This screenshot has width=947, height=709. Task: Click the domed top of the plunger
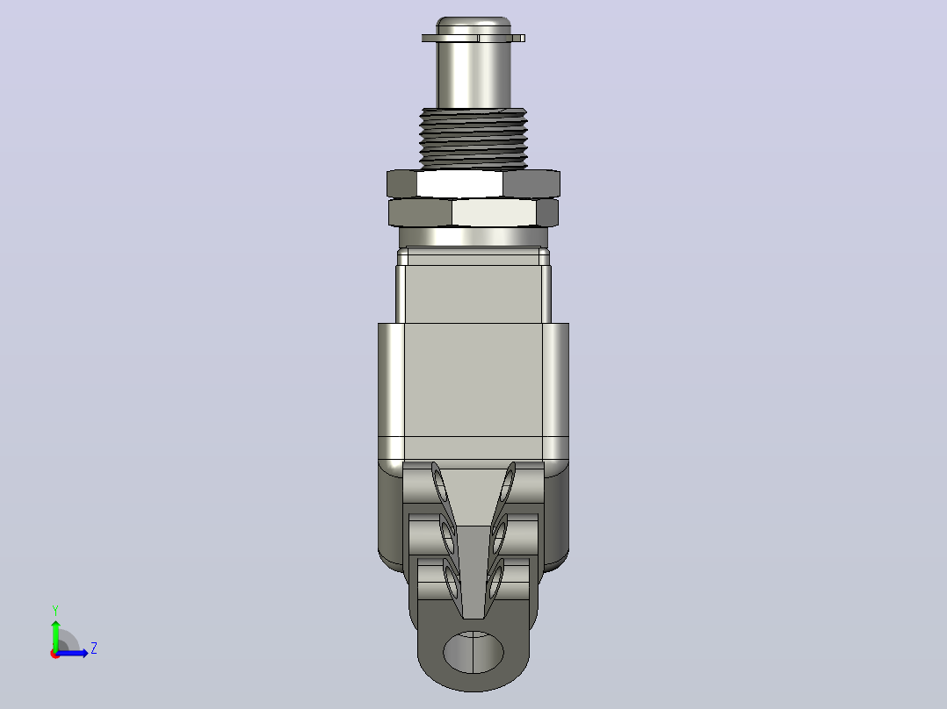point(473,25)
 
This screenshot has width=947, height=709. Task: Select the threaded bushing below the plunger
point(473,138)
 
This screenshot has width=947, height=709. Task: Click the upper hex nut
point(473,183)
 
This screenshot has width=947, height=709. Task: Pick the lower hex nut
point(473,212)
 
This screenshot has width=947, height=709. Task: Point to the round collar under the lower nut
point(473,237)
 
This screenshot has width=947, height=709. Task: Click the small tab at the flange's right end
point(518,38)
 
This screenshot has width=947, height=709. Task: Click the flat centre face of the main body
point(473,380)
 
